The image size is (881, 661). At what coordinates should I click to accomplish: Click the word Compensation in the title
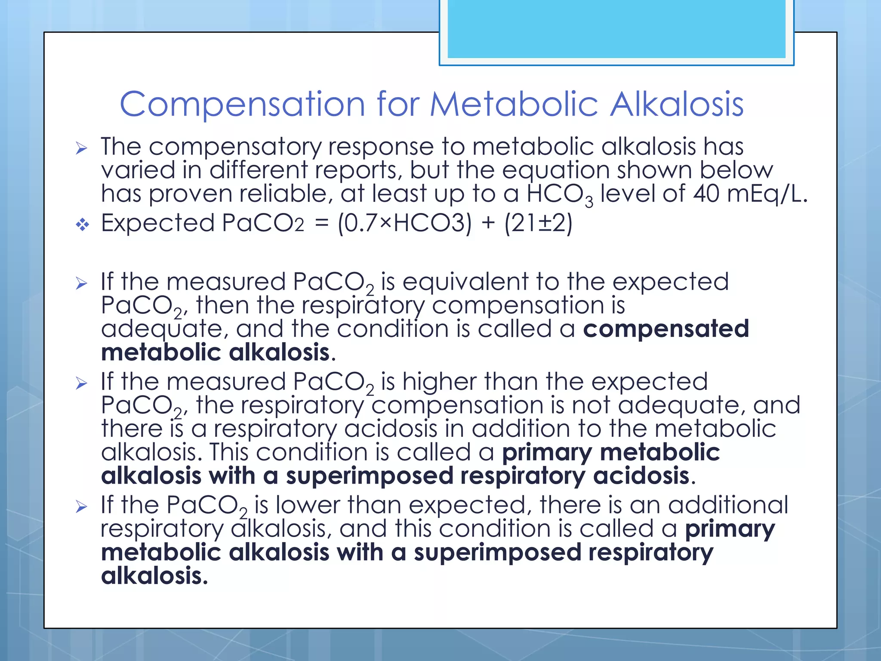coord(242,105)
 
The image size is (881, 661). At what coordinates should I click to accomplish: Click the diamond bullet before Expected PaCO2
coord(82,224)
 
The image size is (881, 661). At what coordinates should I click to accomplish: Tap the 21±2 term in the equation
coord(538,223)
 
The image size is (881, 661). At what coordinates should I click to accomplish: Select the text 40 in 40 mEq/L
coord(705,194)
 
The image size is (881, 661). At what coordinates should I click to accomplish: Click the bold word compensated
coord(666,329)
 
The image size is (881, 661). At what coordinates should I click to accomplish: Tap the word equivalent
coord(465,282)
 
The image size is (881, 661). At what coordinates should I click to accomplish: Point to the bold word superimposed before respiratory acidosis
coord(370,476)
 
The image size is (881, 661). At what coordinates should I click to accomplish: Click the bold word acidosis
coord(641,476)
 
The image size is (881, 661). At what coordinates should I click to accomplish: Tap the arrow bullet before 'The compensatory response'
coord(81,148)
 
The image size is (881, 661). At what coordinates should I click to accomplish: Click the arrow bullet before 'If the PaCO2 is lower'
coord(81,507)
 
